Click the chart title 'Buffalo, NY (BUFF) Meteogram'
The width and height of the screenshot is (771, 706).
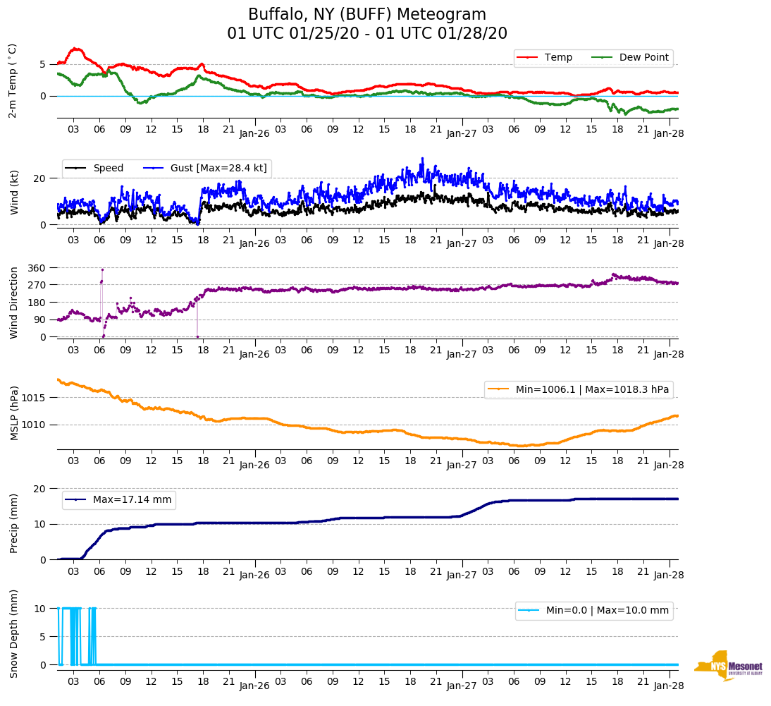coord(366,15)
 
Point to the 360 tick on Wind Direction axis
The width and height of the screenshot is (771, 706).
coord(37,268)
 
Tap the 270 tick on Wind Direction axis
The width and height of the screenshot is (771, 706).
coord(37,285)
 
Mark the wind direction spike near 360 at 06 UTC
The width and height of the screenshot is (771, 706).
coord(102,269)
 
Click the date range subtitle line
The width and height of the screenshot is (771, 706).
coord(366,34)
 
